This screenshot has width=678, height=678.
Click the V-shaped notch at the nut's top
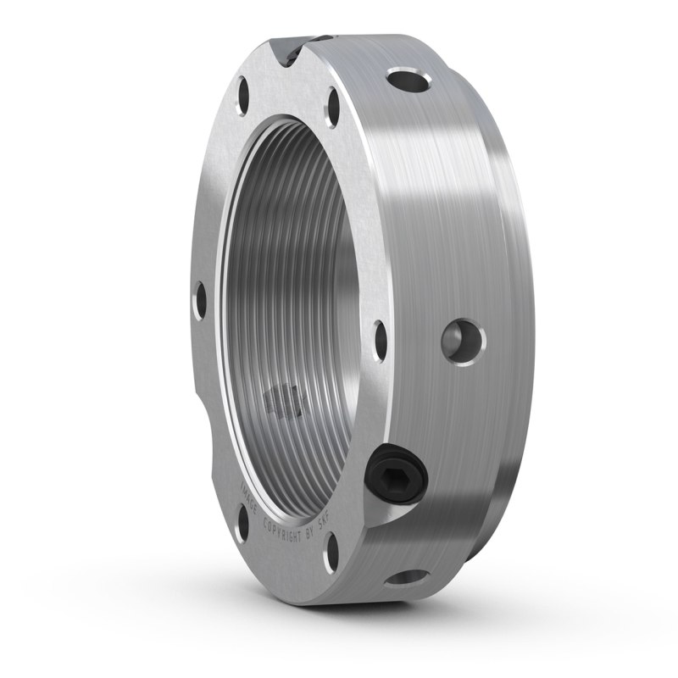tap(287, 53)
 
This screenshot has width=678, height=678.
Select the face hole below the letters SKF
tap(332, 552)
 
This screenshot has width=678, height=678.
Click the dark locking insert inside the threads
tap(281, 400)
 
